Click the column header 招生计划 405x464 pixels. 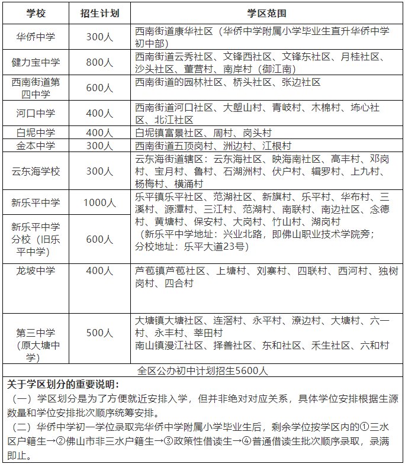(99, 13)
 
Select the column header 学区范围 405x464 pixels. (266, 13)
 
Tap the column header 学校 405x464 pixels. (37, 13)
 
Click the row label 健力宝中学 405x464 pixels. (37, 62)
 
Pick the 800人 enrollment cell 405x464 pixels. (99, 62)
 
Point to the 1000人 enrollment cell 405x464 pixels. (99, 202)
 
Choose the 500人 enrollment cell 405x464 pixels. (99, 333)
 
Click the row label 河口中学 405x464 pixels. (37, 112)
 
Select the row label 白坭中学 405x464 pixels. (37, 131)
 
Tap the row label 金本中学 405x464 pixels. (37, 145)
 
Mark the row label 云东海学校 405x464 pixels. (37, 171)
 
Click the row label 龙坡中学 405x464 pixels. (37, 271)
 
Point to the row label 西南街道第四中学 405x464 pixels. (37, 88)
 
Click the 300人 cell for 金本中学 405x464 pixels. (99, 145)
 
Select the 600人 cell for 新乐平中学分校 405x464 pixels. (99, 240)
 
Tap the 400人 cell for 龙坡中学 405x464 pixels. (99, 271)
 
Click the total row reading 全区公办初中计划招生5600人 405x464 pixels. (202, 371)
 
